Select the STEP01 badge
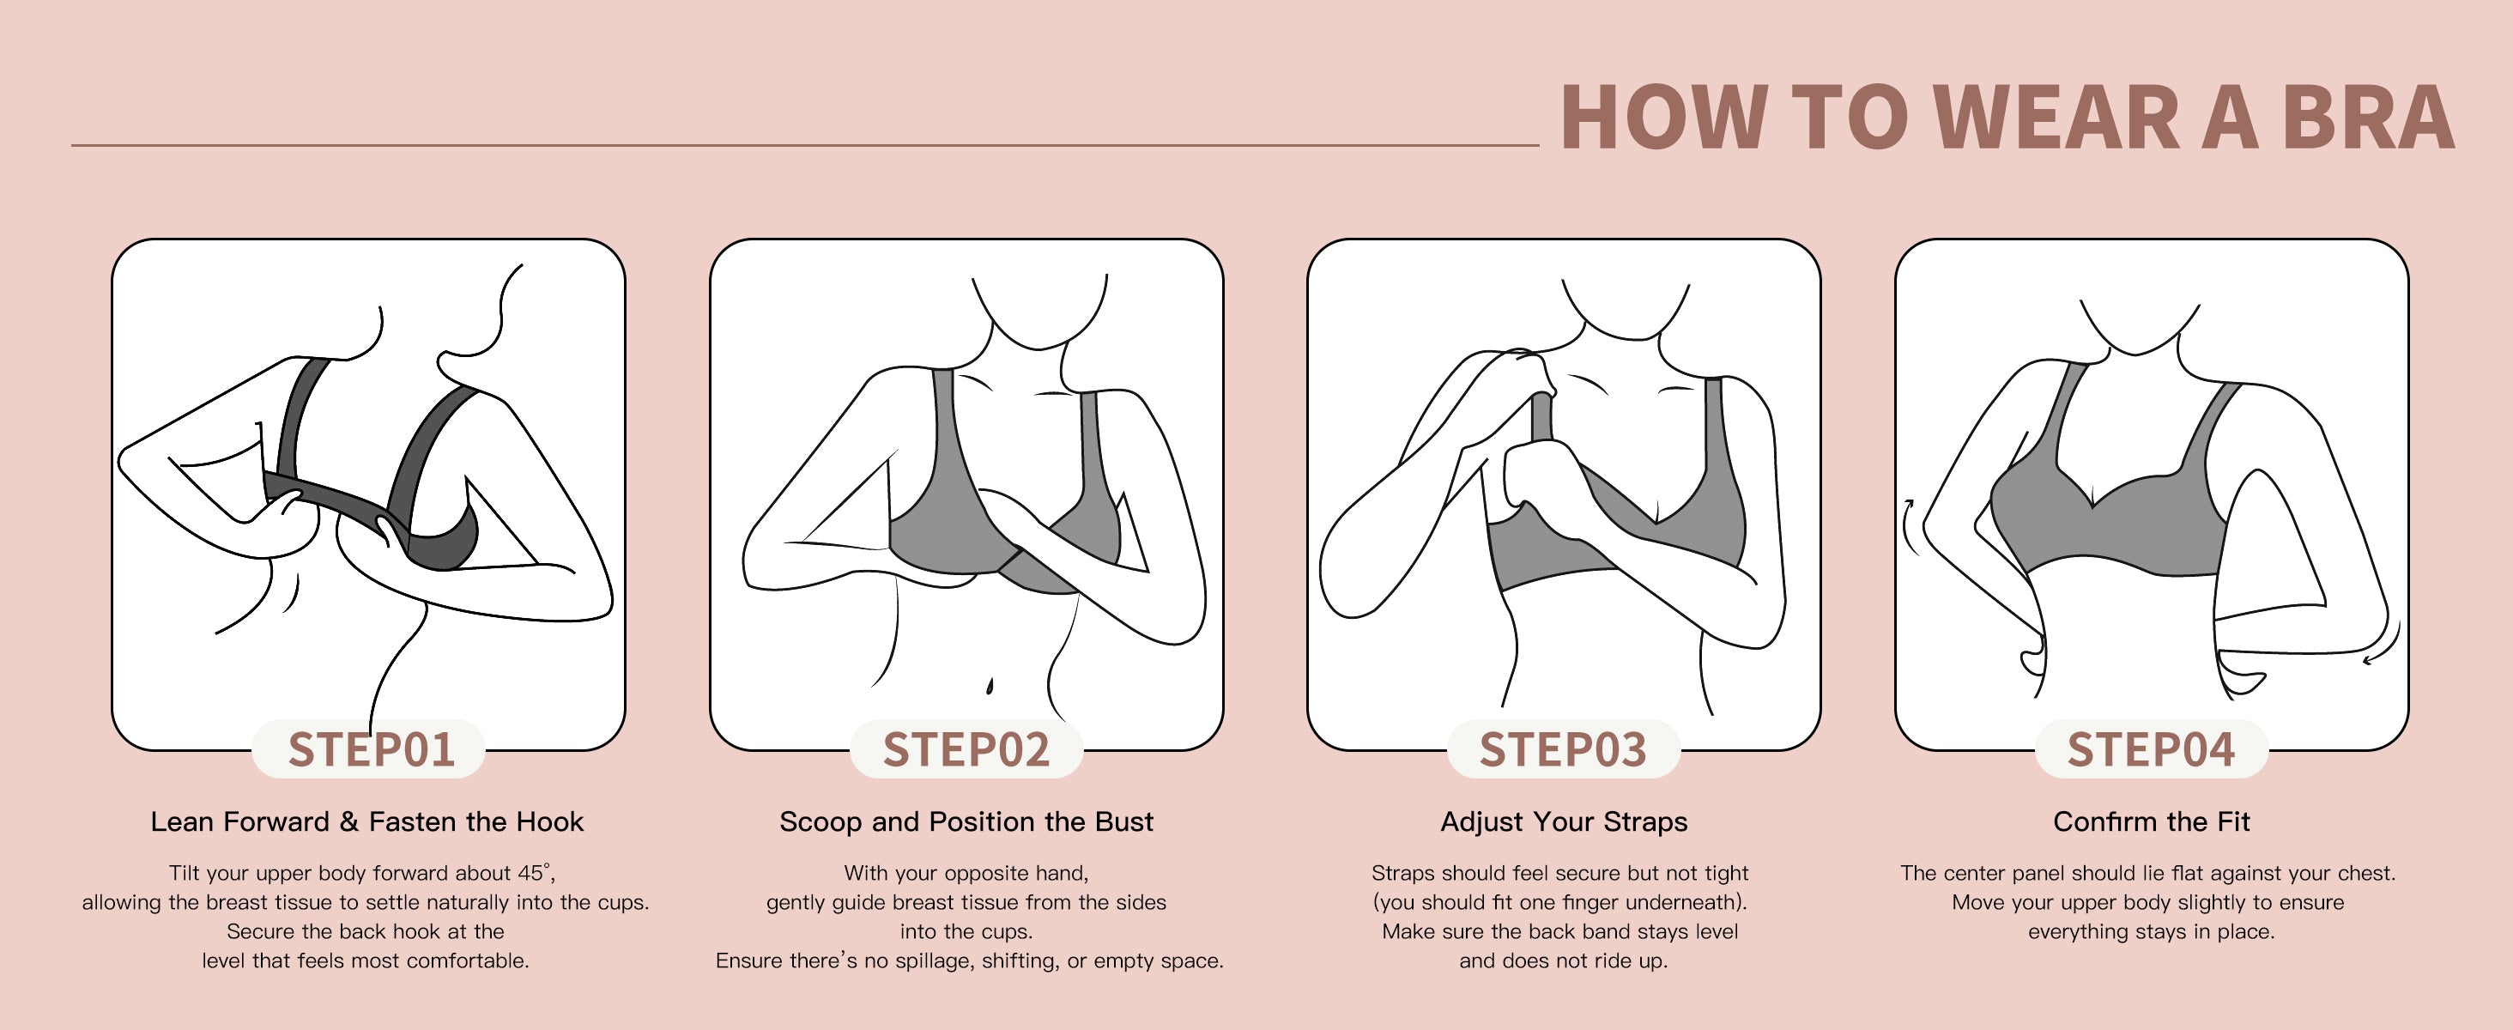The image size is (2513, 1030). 370,749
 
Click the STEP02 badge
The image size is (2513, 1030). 966,749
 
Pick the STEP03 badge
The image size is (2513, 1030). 1563,749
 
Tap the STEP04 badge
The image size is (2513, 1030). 2151,749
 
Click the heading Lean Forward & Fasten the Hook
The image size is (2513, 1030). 366,822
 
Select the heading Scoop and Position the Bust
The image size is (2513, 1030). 966,822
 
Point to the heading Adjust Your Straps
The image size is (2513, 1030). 1564,822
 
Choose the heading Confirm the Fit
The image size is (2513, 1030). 2151,822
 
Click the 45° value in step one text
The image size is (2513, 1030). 535,873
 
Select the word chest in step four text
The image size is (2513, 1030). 2365,873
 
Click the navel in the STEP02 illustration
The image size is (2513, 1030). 990,686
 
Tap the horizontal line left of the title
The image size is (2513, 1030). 805,146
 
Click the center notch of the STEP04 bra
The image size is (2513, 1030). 2092,506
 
